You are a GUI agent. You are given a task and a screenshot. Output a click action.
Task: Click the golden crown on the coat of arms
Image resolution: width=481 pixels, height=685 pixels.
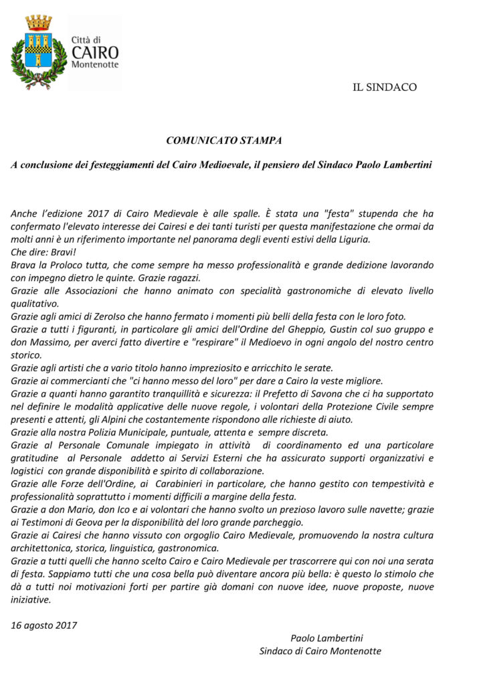pyautogui.click(x=39, y=23)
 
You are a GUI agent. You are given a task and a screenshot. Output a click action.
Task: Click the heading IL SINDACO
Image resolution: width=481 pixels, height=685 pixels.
pyautogui.click(x=385, y=87)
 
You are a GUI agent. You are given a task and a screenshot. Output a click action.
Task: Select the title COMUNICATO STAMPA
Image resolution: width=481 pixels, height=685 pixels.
pyautogui.click(x=223, y=140)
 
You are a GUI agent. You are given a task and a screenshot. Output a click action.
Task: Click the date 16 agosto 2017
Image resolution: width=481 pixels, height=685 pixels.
pyautogui.click(x=44, y=625)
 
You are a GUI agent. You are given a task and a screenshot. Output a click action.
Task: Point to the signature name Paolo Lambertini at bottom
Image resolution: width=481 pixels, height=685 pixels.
pyautogui.click(x=326, y=638)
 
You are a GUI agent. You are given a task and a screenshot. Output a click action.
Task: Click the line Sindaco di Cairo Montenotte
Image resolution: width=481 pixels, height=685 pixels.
pyautogui.click(x=320, y=650)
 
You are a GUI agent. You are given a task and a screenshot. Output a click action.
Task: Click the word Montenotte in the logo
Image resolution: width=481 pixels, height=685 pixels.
pyautogui.click(x=95, y=64)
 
